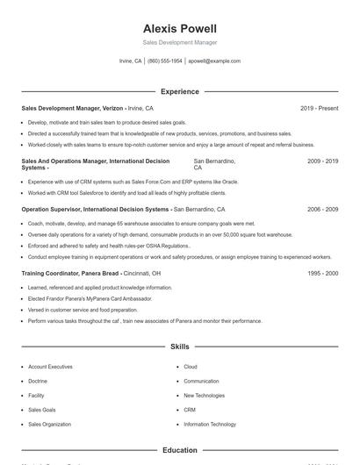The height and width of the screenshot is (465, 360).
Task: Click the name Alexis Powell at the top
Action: click(179, 28)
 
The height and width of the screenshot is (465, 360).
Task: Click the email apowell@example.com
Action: click(214, 61)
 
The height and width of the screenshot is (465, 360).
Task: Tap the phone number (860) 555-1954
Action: click(165, 61)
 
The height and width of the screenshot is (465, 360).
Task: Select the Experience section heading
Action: click(179, 91)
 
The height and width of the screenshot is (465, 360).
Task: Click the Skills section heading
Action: click(179, 347)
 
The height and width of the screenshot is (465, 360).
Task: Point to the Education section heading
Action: click(179, 450)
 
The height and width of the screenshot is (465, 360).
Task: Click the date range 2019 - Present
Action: click(319, 108)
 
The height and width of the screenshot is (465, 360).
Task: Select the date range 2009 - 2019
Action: click(322, 162)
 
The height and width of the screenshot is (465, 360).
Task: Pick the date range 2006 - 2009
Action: click(322, 210)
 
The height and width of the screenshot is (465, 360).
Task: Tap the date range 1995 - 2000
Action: click(322, 273)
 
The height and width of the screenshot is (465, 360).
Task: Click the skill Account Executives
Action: click(50, 367)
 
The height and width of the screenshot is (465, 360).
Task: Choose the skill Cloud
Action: click(191, 367)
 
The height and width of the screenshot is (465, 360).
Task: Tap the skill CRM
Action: click(190, 410)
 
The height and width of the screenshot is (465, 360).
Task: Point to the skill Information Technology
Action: click(210, 425)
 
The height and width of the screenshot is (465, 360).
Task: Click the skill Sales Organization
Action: click(50, 425)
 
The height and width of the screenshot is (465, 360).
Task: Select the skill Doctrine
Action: click(38, 381)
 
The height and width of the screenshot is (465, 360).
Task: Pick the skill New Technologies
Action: click(204, 396)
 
